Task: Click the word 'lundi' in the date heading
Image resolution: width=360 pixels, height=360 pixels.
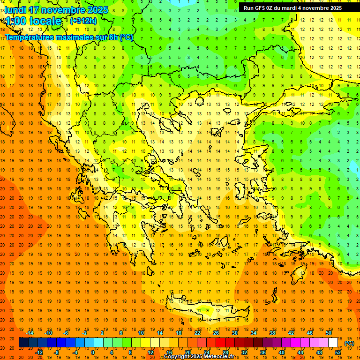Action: click(15, 10)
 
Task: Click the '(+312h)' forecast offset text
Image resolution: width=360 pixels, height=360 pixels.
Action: click(83, 21)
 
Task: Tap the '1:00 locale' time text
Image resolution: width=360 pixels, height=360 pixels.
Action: click(33, 21)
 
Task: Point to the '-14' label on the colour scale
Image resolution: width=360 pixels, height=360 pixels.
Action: click(30, 333)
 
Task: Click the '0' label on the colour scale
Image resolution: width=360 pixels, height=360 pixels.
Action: click(92, 352)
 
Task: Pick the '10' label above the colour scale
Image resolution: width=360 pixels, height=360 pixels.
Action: click(141, 333)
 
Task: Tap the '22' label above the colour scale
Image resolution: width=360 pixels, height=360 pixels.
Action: click(197, 333)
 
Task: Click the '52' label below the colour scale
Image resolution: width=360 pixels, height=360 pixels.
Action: click(338, 352)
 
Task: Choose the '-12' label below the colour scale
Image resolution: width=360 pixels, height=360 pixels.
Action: click(39, 352)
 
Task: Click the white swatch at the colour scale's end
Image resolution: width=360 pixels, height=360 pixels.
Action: click(333, 343)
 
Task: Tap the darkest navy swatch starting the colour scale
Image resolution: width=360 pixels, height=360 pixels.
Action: click(23, 343)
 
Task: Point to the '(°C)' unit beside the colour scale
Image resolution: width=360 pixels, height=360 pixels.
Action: click(349, 343)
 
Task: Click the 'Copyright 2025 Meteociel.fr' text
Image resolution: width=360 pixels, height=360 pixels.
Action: click(199, 357)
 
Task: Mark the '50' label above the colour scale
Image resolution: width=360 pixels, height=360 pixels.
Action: click(329, 333)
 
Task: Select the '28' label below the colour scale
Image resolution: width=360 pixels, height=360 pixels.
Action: click(225, 352)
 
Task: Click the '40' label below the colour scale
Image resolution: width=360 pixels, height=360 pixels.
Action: click(282, 352)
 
